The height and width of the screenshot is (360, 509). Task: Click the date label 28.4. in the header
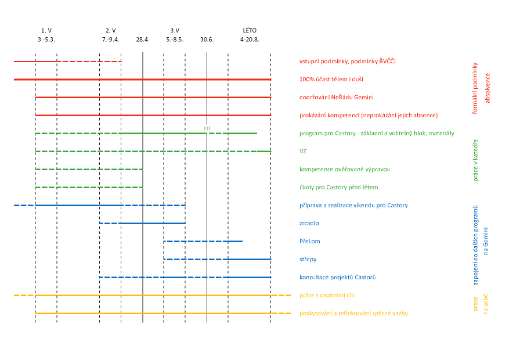(143, 39)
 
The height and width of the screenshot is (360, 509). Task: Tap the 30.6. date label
(207, 39)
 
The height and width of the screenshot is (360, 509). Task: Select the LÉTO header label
(250, 30)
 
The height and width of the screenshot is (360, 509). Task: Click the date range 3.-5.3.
(46, 39)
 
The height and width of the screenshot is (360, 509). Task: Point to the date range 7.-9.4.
(110, 39)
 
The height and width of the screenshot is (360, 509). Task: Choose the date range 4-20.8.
(250, 39)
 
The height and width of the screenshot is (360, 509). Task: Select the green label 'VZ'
(303, 152)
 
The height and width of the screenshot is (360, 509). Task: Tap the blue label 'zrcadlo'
(309, 224)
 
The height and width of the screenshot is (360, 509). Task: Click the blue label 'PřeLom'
(310, 242)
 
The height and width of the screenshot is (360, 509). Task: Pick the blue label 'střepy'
(308, 260)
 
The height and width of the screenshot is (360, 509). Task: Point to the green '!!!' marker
(207, 128)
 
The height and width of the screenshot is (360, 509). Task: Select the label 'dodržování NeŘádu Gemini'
(337, 97)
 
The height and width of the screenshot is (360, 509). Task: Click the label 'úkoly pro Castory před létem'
(339, 188)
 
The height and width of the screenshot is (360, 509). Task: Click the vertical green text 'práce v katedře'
(476, 160)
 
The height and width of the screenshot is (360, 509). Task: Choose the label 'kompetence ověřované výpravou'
(345, 170)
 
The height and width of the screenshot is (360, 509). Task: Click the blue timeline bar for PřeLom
(203, 242)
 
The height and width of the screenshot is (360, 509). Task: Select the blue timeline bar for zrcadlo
(142, 224)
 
